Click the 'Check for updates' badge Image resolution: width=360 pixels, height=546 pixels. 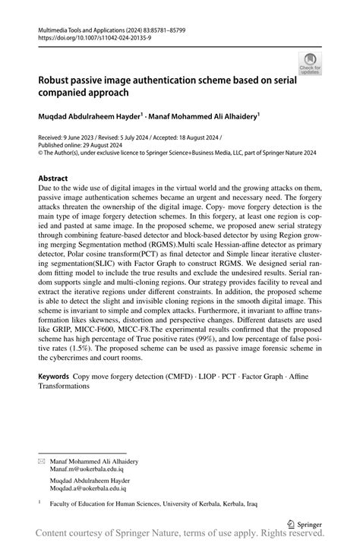[x=311, y=64]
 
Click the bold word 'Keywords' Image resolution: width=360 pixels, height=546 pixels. [x=54, y=377]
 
